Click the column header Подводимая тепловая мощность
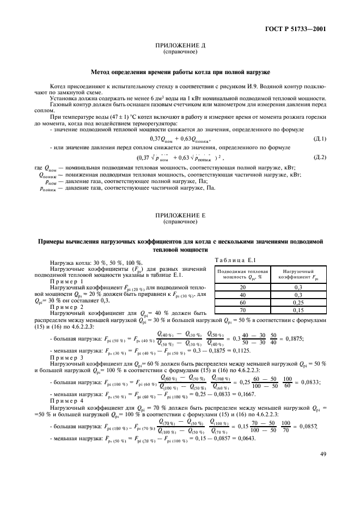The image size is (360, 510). [242, 274]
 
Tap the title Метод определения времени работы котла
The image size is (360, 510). [180, 72]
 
